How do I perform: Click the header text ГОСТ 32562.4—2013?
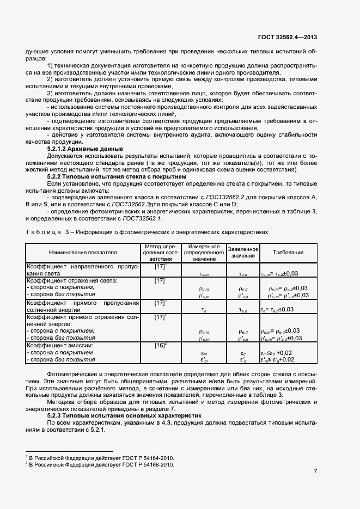[x=288, y=38]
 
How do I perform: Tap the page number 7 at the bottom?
[x=315, y=471]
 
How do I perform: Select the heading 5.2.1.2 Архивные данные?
[x=85, y=149]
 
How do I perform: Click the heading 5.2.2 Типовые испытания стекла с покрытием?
[x=117, y=177]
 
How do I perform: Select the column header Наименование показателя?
[x=83, y=253]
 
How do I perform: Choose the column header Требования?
[x=288, y=253]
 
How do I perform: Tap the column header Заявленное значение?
[x=242, y=253]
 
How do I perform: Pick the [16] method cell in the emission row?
[x=161, y=345]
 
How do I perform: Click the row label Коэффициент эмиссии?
[x=61, y=345]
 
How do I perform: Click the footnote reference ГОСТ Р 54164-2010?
[x=149, y=458]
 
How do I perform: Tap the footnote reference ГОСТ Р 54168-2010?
[x=149, y=465]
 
